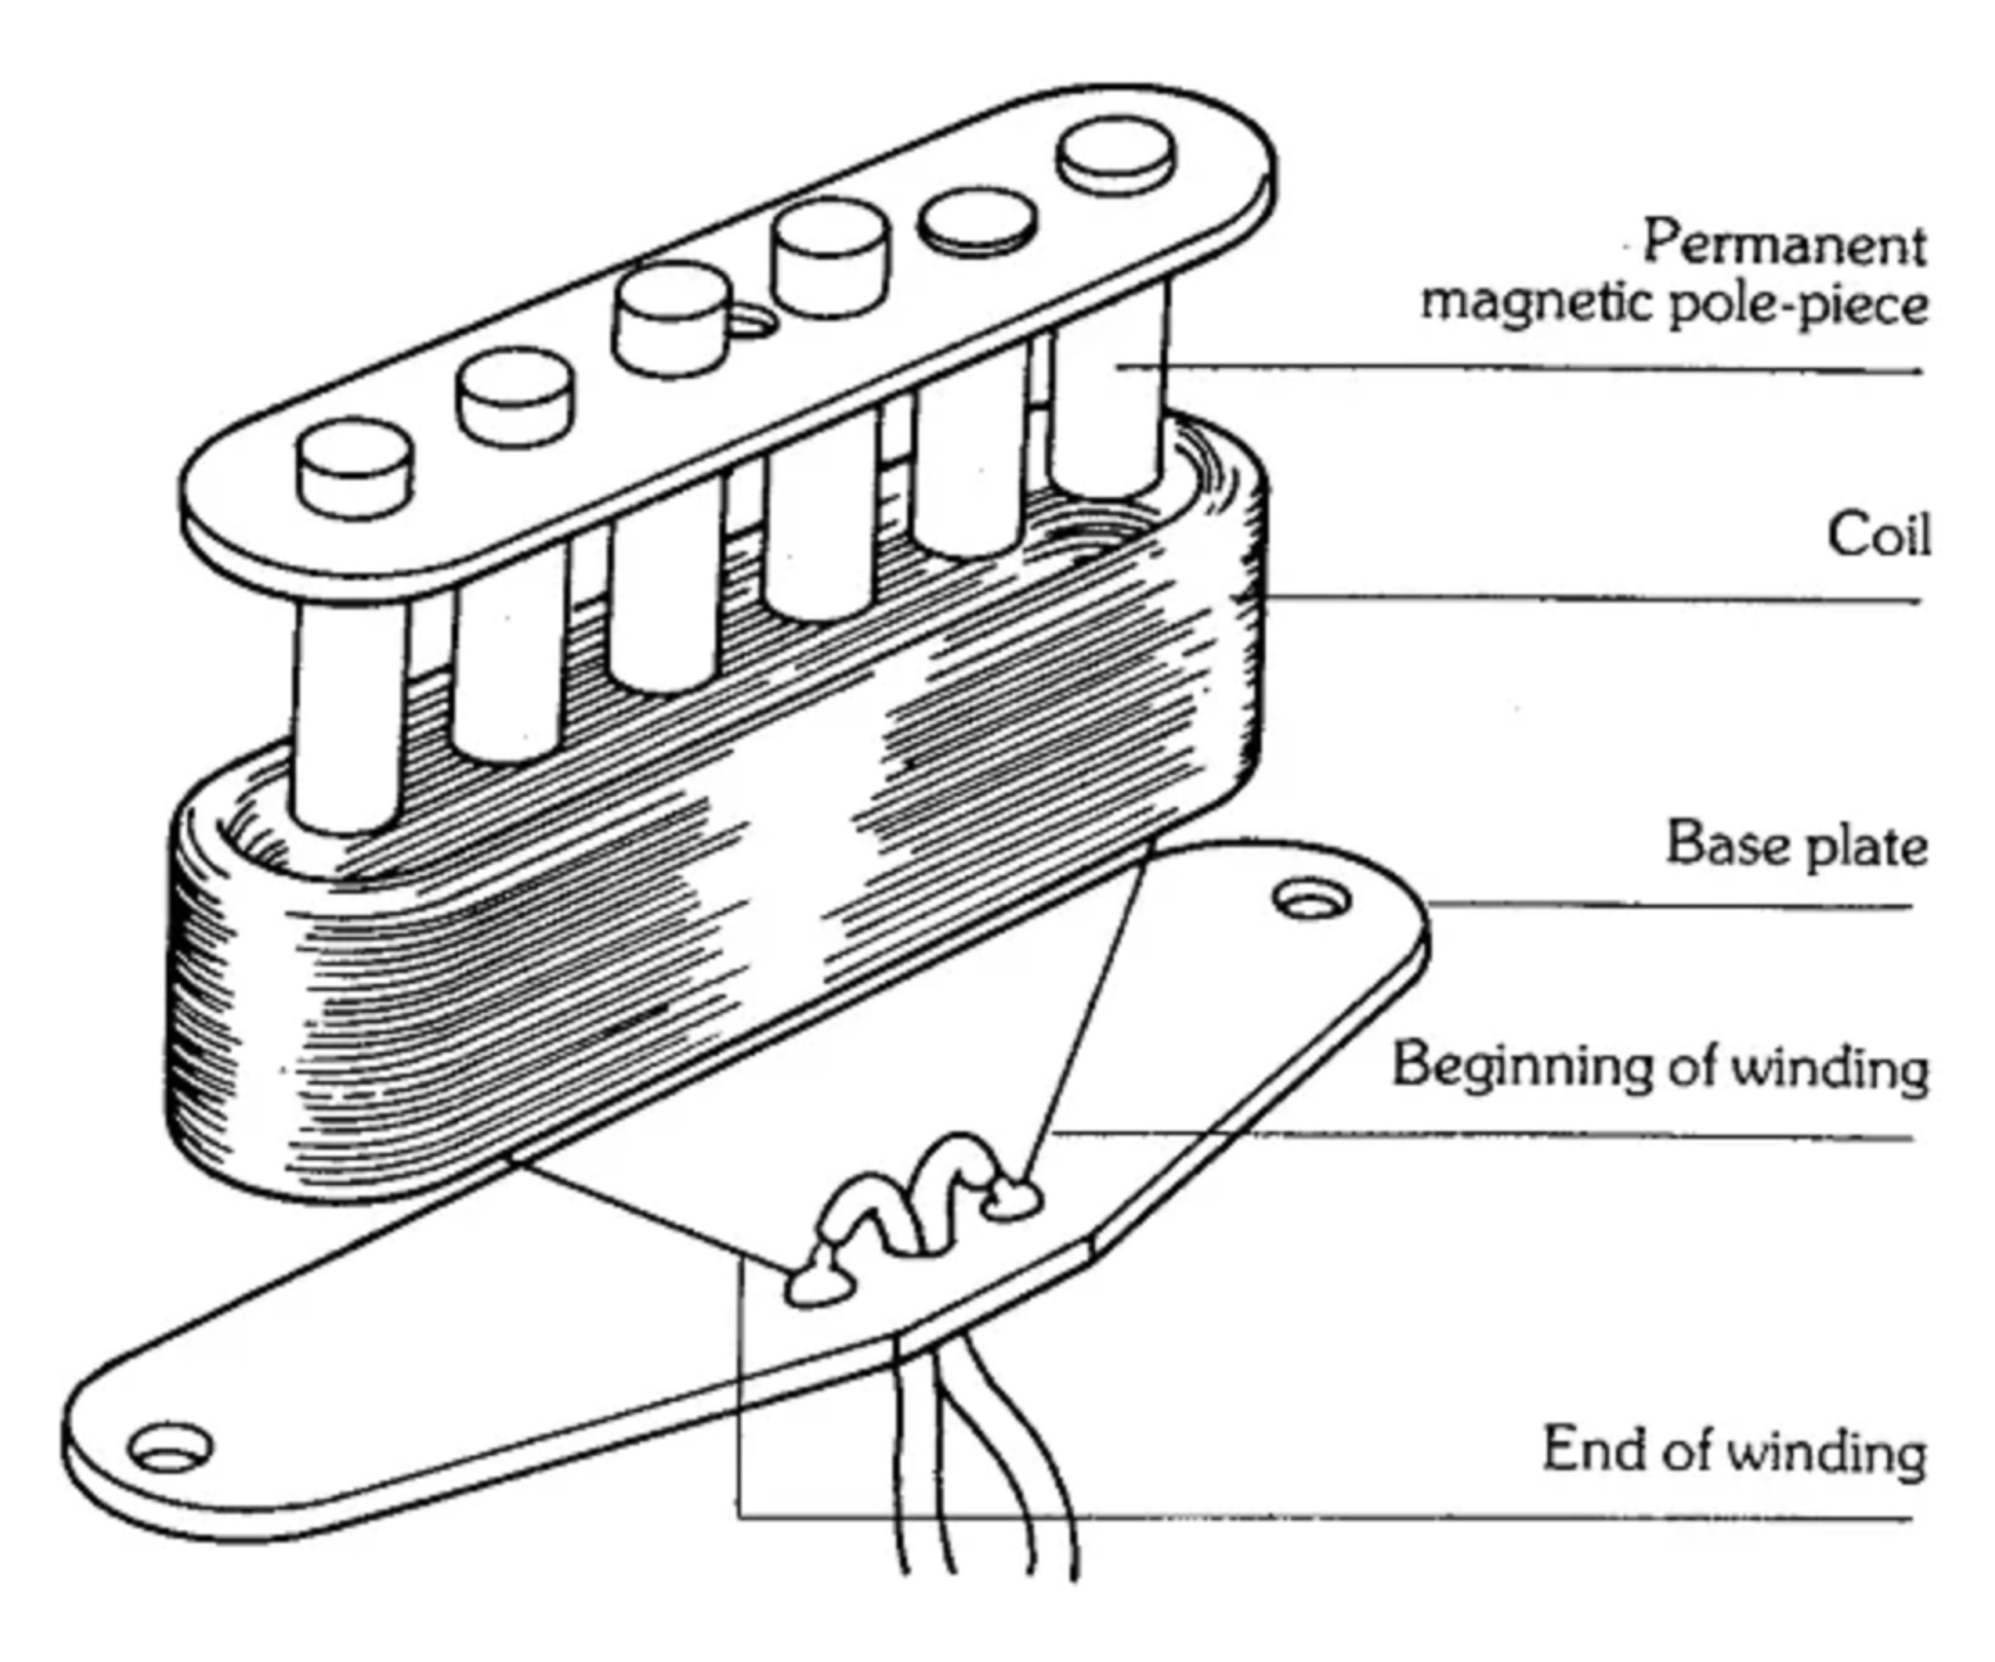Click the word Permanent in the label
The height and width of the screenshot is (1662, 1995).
coord(1784,243)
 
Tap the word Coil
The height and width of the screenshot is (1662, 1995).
coord(1878,536)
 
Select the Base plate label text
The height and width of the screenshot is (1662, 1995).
coord(1796,844)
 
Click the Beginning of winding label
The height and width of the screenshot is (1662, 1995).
coord(1660,1066)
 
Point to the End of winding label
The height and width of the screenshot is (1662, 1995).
coord(1734,1451)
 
